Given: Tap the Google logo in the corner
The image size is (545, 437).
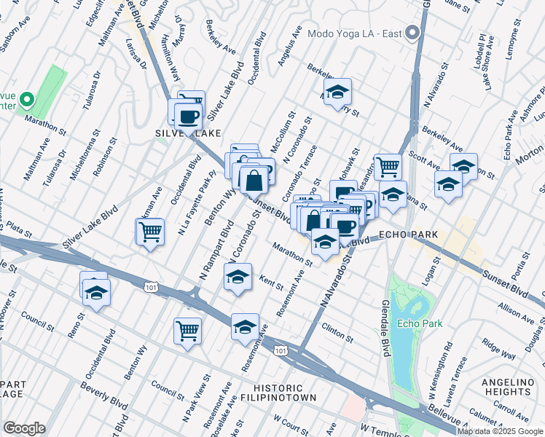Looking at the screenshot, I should click(24, 428).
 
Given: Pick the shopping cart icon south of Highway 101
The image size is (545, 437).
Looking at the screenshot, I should click(187, 331).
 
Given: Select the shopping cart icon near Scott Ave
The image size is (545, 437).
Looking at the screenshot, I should click(388, 167).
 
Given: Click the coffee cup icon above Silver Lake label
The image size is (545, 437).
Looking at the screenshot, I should click(188, 115).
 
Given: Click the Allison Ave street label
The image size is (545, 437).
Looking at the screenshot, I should click(517, 312).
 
